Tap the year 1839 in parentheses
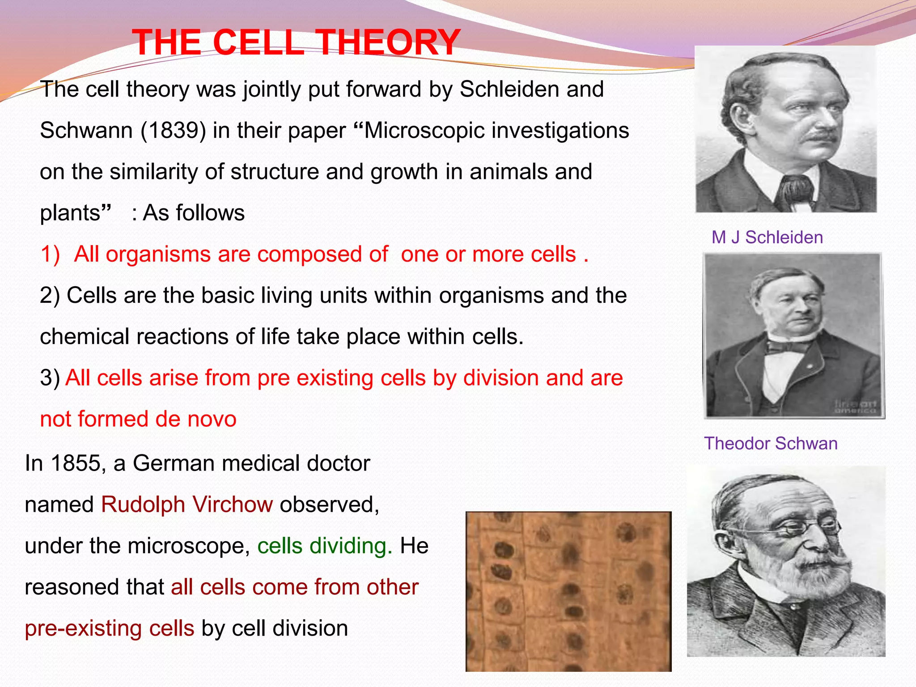coord(173,131)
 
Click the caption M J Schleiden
coord(767,237)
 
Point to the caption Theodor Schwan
coord(770,443)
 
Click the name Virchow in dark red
coord(233,505)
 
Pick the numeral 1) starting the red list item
coord(50,254)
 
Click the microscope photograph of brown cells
coord(568,591)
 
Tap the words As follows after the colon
coord(193,213)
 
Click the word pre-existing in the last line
coord(109,628)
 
